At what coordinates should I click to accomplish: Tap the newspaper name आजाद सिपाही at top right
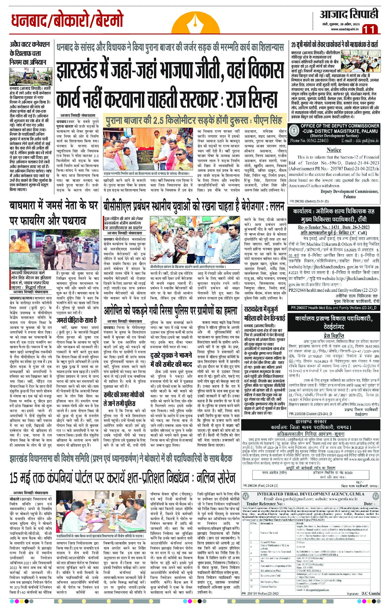click(x=349, y=14)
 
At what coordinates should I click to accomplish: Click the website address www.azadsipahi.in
click(x=344, y=29)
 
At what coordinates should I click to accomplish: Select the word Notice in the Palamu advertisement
click(x=333, y=150)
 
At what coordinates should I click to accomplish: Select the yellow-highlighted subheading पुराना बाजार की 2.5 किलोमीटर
click(x=194, y=120)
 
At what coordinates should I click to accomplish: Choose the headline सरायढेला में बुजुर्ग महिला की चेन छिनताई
click(x=265, y=314)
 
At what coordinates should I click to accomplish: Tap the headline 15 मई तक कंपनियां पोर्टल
click(x=122, y=478)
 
